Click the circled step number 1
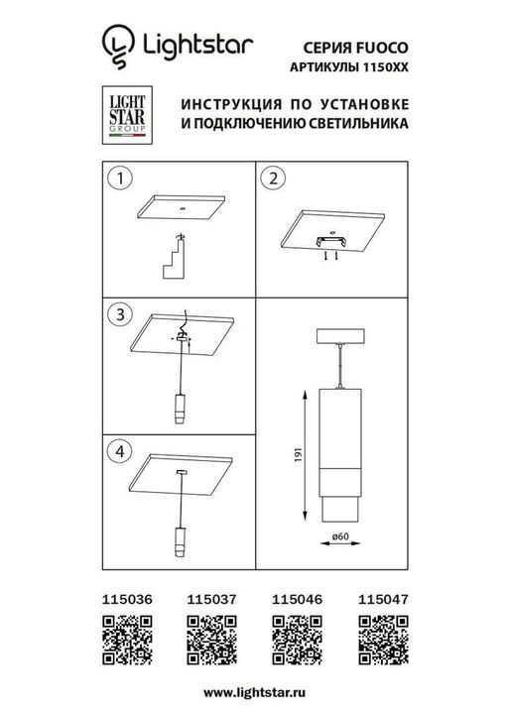click(x=119, y=179)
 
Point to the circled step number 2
click(x=272, y=179)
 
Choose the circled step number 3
click(x=119, y=315)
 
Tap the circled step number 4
click(x=119, y=450)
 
